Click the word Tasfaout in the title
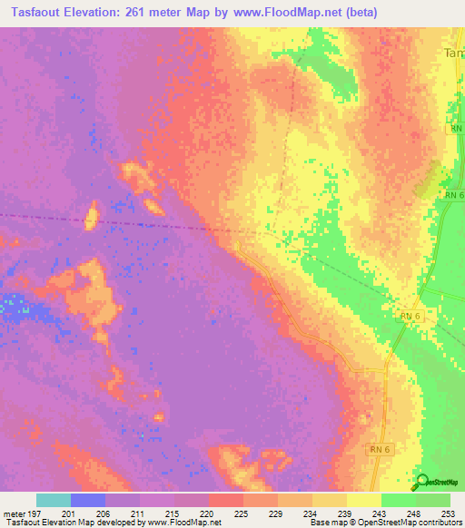36,12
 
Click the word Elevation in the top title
103,12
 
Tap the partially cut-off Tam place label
454,54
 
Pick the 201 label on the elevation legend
70,513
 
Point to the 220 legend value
209,513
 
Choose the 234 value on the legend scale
312,513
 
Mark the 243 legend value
381,513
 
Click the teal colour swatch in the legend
54,500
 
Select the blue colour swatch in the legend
88,500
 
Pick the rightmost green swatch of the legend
433,500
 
